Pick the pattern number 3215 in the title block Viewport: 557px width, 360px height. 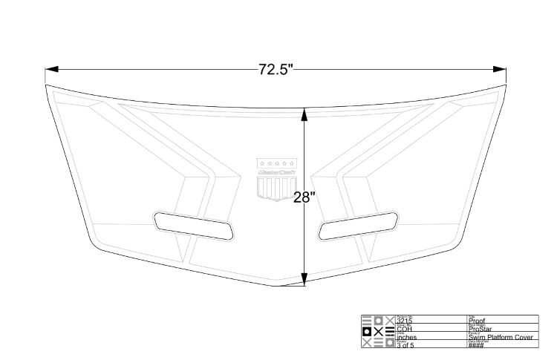[x=405, y=321]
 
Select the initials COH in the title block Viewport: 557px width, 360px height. [x=405, y=329]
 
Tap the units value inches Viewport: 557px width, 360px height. [x=408, y=338]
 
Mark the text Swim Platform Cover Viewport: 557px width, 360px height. [x=501, y=338]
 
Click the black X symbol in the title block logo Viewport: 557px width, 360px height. [x=378, y=332]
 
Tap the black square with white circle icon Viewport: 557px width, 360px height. [x=366, y=332]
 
